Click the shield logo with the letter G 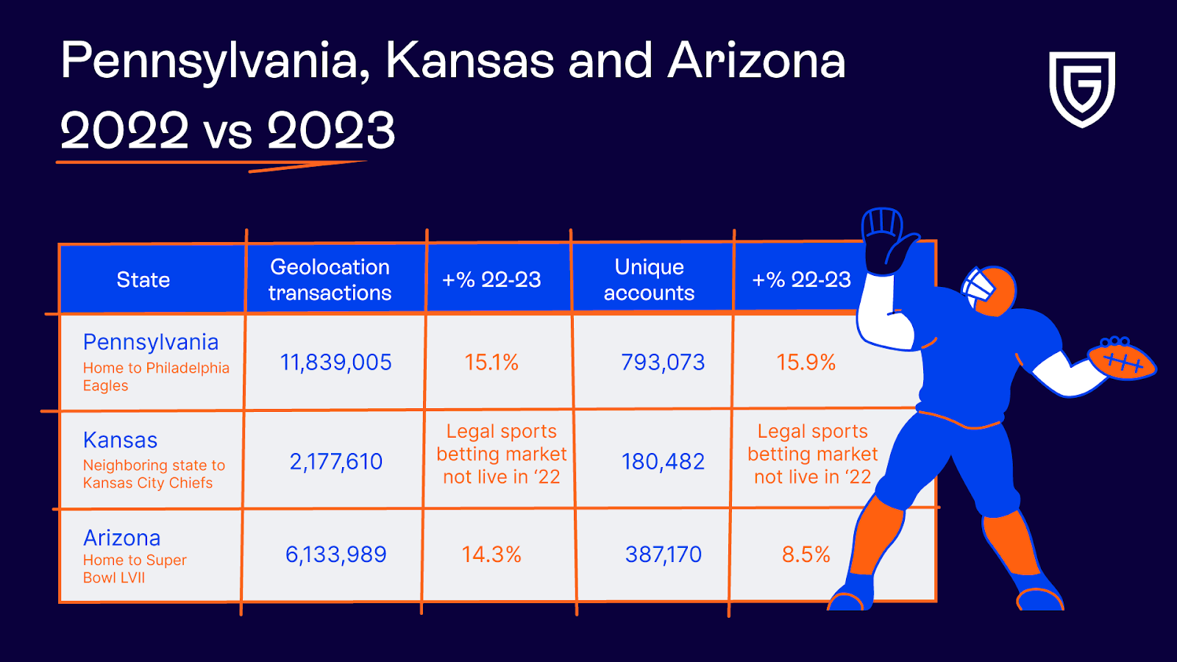[x=1081, y=88]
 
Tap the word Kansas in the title [x=470, y=60]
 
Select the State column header [x=143, y=280]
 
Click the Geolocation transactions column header [x=330, y=280]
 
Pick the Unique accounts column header [x=649, y=280]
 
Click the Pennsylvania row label [x=151, y=343]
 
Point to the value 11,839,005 [x=335, y=363]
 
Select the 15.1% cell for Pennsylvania [x=491, y=363]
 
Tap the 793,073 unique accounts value [x=663, y=363]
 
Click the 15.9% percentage [x=806, y=363]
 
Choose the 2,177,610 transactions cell [x=335, y=462]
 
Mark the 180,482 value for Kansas [x=663, y=462]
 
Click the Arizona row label [x=122, y=538]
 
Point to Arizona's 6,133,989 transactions [x=335, y=555]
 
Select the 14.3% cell [x=491, y=555]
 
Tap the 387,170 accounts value [x=663, y=555]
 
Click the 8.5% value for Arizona [x=806, y=555]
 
